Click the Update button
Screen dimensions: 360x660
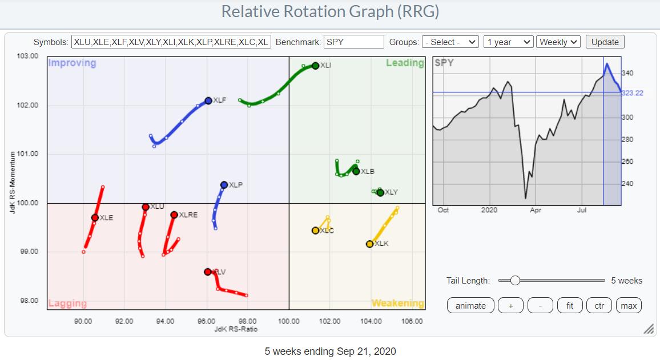point(605,42)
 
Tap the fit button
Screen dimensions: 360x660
point(570,305)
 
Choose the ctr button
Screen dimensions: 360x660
point(599,305)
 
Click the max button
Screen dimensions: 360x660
point(629,305)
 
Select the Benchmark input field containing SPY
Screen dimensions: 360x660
point(353,42)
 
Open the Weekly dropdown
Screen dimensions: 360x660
point(558,42)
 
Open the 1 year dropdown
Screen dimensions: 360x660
point(508,42)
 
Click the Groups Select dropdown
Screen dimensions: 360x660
point(450,42)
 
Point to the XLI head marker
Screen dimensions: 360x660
point(315,66)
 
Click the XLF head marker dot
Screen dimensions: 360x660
point(208,100)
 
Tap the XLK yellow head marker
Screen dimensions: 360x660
point(369,244)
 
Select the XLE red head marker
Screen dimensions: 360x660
point(95,217)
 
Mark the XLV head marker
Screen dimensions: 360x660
point(207,272)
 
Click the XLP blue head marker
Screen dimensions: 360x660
point(224,185)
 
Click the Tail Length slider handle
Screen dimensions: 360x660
point(515,280)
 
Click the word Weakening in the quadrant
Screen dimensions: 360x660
point(397,303)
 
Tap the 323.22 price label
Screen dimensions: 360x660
point(631,92)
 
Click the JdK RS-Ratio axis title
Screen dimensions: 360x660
point(236,329)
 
